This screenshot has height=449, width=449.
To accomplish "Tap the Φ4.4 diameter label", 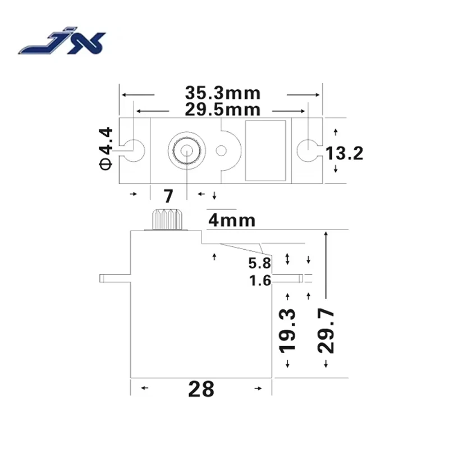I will point(106,148).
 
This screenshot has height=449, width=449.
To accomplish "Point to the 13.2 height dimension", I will point(344,152).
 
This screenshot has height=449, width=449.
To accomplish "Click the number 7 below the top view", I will point(167,196).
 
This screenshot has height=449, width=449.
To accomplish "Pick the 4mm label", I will point(231,221).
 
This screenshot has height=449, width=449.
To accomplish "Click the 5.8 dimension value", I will point(260,263).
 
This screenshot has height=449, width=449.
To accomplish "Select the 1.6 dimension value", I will point(260,280).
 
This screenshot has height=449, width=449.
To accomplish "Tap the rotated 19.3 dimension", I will point(288,330).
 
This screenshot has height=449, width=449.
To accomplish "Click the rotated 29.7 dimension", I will point(326,330).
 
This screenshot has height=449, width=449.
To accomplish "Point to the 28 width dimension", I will point(201,388).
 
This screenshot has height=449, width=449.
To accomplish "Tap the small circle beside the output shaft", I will point(222,150).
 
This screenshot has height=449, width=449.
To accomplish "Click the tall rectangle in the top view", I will point(265,150).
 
